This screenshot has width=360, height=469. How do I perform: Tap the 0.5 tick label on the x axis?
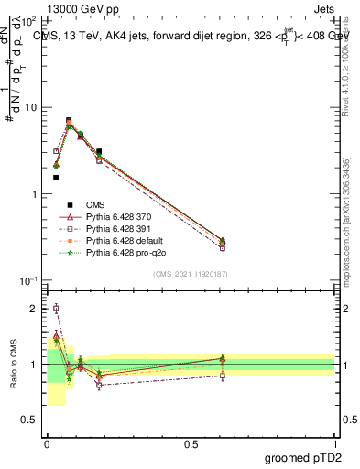point(191,442)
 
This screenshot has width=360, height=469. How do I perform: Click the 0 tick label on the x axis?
point(47,442)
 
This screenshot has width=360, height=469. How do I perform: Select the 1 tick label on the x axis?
point(335,442)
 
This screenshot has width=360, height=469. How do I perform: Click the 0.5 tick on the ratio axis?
point(33,420)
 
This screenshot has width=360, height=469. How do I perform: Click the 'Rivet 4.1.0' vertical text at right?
point(345,64)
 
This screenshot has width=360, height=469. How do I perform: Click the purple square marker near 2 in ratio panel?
point(56,309)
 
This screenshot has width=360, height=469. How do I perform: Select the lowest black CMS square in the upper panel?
point(56,178)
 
